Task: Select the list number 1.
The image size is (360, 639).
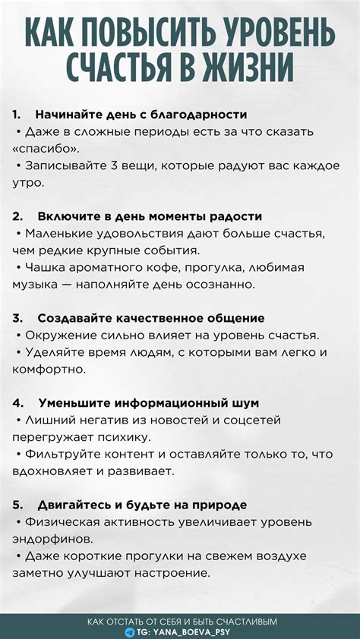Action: coord(16,115)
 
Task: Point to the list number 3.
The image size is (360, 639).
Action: coord(17,318)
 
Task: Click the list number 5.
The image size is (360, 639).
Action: coord(17,505)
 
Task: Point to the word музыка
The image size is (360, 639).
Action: coord(36,285)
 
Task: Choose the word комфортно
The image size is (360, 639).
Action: coord(48,369)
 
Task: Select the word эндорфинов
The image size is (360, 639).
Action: coord(52,539)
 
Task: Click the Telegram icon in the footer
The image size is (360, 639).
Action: coord(130,631)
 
